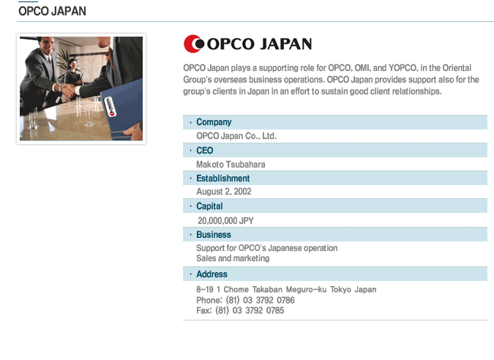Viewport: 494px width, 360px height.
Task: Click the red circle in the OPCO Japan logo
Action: tap(190, 44)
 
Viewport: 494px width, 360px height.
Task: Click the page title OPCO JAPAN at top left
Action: tap(52, 11)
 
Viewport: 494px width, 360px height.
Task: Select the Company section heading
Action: tap(214, 122)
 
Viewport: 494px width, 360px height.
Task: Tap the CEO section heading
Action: tap(205, 151)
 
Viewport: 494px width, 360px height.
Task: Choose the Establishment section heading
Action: tap(223, 179)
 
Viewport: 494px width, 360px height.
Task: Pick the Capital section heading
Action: tap(209, 206)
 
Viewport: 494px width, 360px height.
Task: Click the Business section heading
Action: tap(214, 235)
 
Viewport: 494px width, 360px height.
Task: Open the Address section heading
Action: tap(212, 274)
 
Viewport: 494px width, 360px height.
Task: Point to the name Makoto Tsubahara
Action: tap(231, 165)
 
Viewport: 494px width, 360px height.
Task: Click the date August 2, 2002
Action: tap(224, 192)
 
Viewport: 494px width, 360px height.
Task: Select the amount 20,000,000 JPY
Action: tap(225, 221)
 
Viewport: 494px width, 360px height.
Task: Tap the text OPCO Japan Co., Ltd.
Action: tap(236, 136)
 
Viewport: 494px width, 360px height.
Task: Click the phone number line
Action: tap(245, 300)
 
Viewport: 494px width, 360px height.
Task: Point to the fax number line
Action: tap(240, 310)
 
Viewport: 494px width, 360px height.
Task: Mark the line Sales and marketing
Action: tap(233, 258)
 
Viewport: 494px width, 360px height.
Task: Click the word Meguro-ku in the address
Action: tap(306, 290)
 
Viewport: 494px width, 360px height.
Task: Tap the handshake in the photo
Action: tap(69, 91)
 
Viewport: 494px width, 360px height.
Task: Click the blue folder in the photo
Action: tap(124, 109)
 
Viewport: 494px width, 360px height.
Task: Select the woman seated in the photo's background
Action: tap(73, 72)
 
